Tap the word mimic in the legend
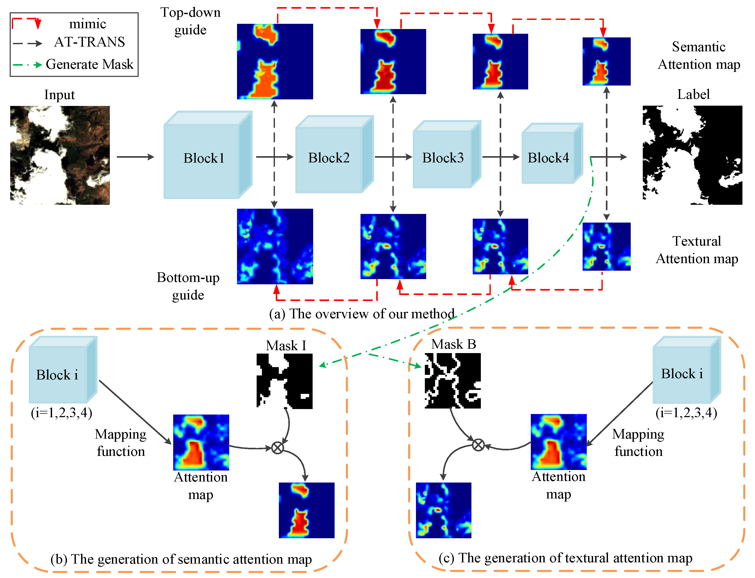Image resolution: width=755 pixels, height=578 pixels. click(87, 24)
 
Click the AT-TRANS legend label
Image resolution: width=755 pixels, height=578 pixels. click(89, 42)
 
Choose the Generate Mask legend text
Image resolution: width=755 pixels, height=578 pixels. click(89, 64)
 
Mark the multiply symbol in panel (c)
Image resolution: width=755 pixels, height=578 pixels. click(478, 445)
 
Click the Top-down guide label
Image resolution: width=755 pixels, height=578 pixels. click(190, 21)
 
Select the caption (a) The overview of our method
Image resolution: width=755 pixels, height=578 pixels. click(362, 314)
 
